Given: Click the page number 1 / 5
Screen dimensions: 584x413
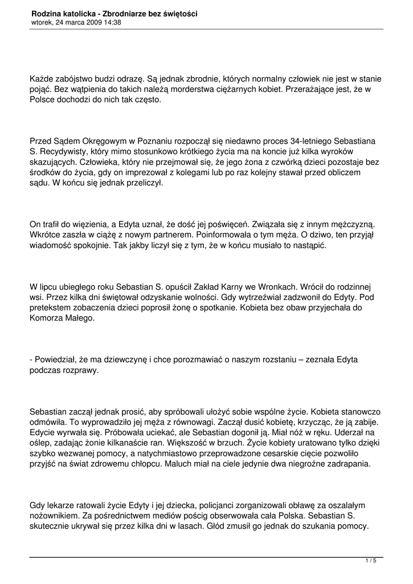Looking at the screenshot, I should tap(371, 562).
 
